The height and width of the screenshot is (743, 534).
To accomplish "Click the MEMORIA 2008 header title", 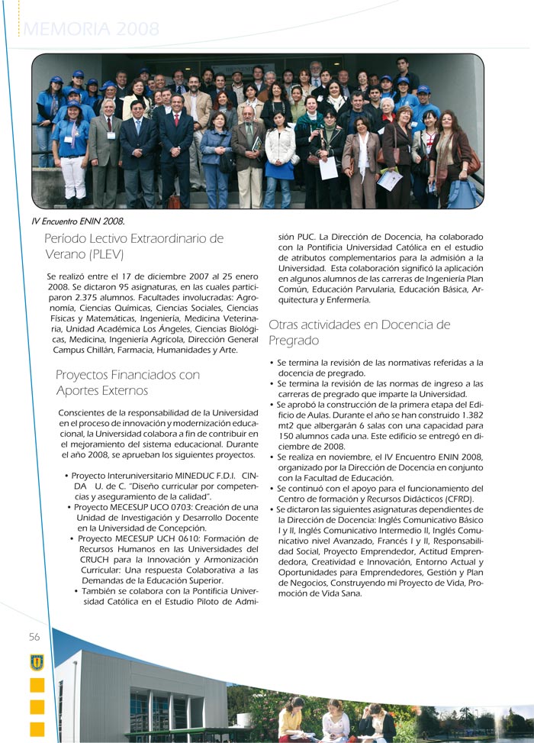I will [x=92, y=30].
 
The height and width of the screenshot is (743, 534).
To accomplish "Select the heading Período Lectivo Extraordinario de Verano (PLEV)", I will [x=133, y=246].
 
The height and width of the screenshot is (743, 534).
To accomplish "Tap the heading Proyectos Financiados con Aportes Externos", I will [x=127, y=383].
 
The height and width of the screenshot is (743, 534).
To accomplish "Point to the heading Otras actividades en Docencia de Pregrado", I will [x=359, y=332].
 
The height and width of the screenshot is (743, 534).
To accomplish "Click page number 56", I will [x=35, y=636].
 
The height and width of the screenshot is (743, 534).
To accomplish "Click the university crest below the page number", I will [x=36, y=661].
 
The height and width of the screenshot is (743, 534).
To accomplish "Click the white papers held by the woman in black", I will [x=329, y=168].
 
